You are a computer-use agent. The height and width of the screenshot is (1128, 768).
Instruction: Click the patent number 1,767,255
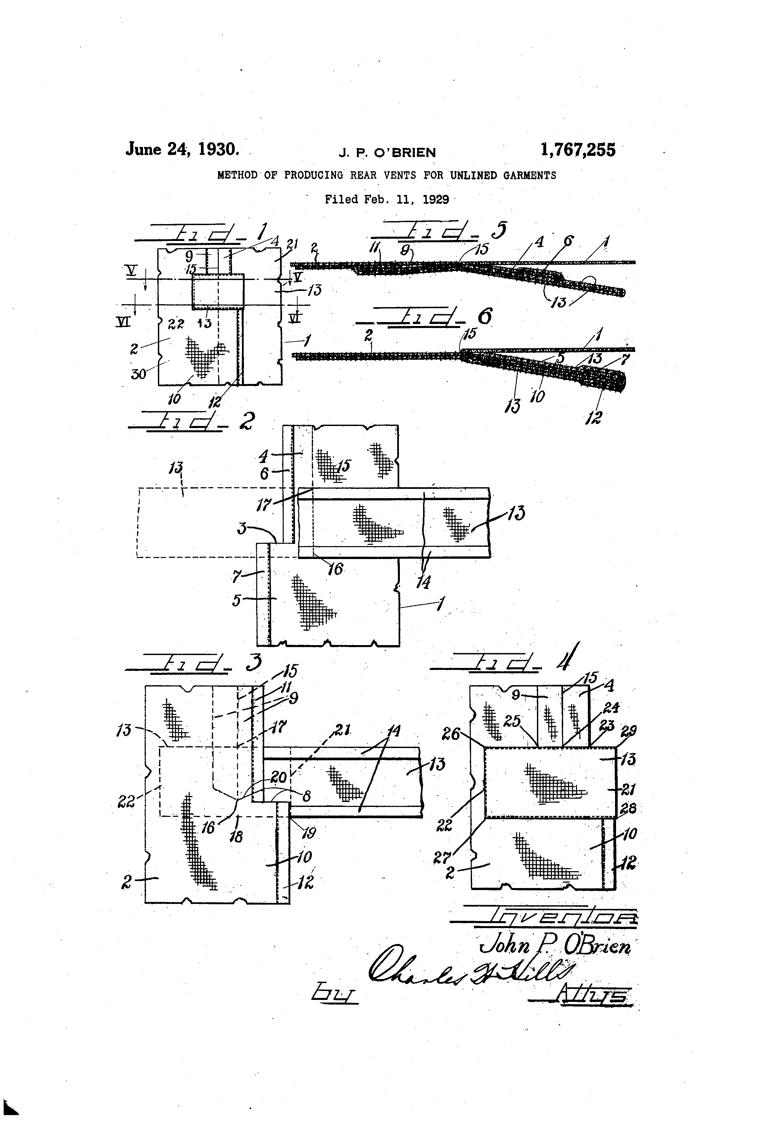pos(577,150)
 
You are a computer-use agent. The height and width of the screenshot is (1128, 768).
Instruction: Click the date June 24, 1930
pos(182,149)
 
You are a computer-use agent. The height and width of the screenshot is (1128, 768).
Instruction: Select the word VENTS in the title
pos(400,175)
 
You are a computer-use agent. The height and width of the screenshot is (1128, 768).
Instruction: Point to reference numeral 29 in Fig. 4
pos(629,730)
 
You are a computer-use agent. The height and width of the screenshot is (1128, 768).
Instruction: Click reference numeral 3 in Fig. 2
pos(242,528)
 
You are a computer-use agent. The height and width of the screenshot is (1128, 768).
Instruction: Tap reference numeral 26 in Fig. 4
pos(451,733)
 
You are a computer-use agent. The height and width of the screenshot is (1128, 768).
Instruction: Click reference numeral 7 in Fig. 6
pos(625,360)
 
